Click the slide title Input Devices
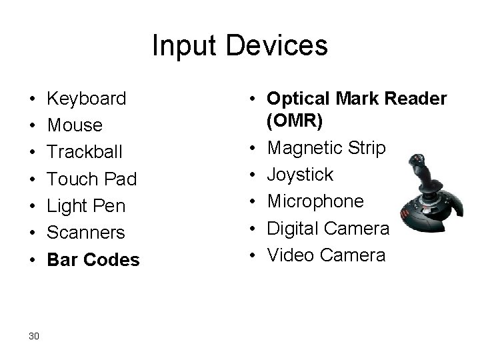click(x=240, y=46)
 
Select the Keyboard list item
click(x=87, y=99)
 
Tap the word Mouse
click(x=75, y=125)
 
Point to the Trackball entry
click(x=85, y=152)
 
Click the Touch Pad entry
click(x=91, y=179)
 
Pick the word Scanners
click(x=86, y=233)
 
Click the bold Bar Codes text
click(x=93, y=259)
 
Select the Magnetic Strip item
click(x=326, y=147)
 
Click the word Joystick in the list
click(x=300, y=175)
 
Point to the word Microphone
click(x=316, y=201)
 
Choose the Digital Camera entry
click(x=327, y=228)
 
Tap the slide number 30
click(x=34, y=335)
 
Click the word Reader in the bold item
click(x=419, y=98)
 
